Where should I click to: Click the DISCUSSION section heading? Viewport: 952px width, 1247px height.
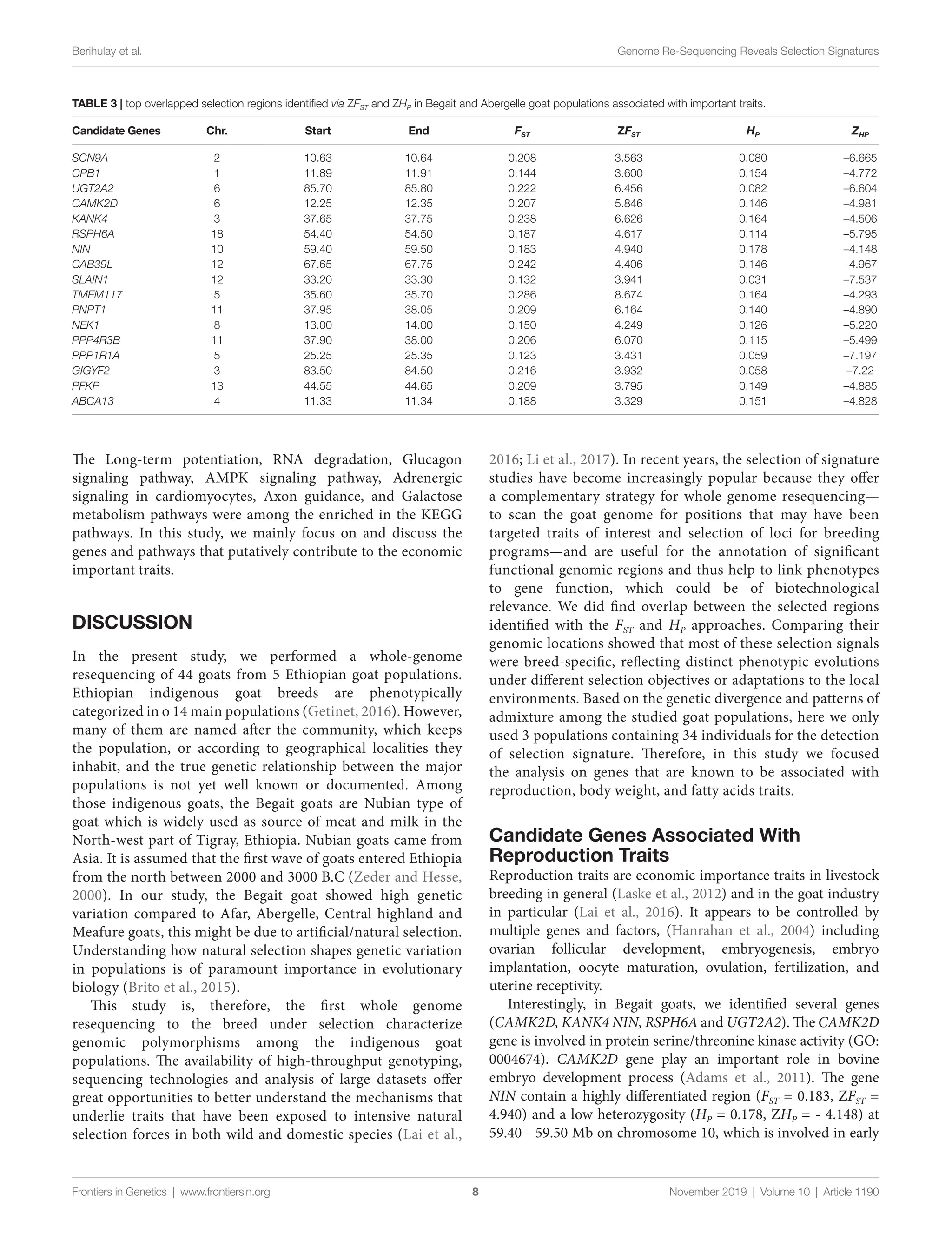click(132, 623)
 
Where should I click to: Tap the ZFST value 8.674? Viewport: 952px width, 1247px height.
click(629, 295)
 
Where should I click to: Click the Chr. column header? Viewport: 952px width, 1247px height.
click(217, 131)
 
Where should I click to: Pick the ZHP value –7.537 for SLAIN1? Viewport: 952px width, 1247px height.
click(859, 279)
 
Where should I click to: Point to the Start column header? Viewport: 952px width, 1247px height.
click(317, 131)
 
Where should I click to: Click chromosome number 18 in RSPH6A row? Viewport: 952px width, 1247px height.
click(217, 234)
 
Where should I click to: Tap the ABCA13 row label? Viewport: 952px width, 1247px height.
click(93, 401)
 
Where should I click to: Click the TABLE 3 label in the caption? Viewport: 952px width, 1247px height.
click(93, 104)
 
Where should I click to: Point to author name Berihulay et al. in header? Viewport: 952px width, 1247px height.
click(106, 52)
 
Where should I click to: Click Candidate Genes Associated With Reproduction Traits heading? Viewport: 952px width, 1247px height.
click(644, 844)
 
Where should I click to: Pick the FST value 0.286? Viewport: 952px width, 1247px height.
click(522, 295)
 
